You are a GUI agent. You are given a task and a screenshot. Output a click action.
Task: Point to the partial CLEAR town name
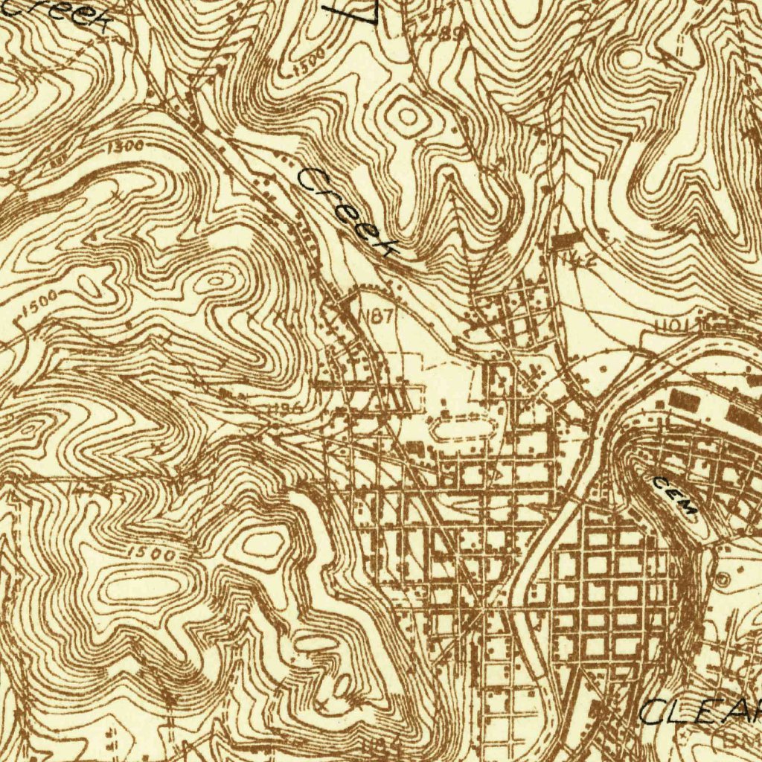tap(699, 711)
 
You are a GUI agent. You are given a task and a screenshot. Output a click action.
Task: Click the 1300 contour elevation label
tap(125, 147)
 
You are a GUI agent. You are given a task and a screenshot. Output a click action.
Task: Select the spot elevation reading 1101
tap(673, 325)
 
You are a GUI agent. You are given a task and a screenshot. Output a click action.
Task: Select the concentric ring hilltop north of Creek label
tap(408, 115)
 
